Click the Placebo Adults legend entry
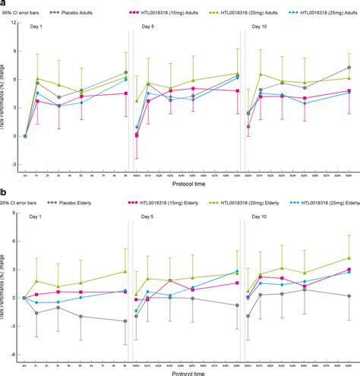coord(90,13)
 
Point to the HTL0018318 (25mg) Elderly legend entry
coord(325,204)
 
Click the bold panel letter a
coord(3,4)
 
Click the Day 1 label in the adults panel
coord(36,27)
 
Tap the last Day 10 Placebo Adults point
coord(349,68)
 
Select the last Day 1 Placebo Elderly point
coord(125,321)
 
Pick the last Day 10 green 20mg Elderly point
coord(349,258)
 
